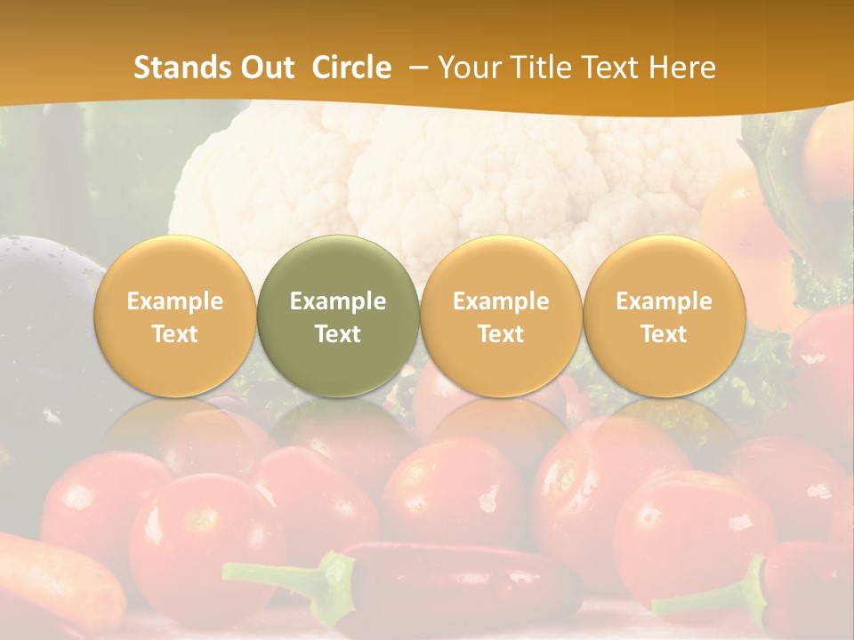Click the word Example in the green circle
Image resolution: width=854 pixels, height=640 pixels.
pos(338,301)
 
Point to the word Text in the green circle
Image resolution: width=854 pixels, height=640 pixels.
pos(338,334)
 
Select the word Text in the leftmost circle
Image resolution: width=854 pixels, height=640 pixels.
pos(174,334)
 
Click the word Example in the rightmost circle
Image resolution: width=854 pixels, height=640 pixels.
pos(664,301)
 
